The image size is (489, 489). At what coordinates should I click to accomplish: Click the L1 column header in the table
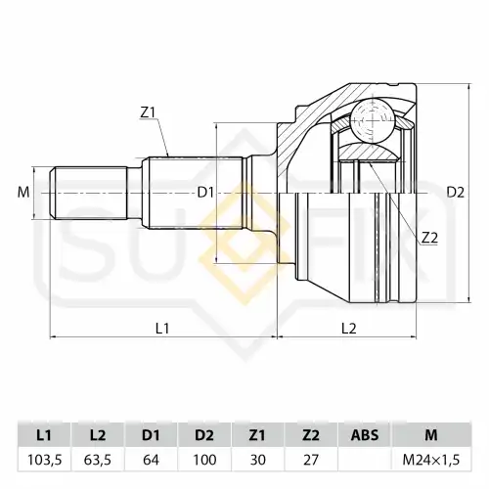pos(44,435)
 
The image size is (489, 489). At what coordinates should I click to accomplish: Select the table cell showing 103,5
pos(44,460)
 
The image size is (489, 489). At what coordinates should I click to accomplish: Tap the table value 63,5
pos(98,460)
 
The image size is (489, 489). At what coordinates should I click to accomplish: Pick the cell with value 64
pos(151,460)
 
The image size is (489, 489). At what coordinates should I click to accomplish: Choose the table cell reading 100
pos(204,460)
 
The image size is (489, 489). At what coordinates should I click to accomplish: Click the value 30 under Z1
pos(257,460)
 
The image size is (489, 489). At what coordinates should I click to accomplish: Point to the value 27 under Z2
pos(311,460)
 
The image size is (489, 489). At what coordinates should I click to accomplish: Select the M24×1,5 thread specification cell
pos(431,460)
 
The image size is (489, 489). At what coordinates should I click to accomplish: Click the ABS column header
pos(365,435)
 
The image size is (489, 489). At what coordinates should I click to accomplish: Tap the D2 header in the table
pos(204,435)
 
